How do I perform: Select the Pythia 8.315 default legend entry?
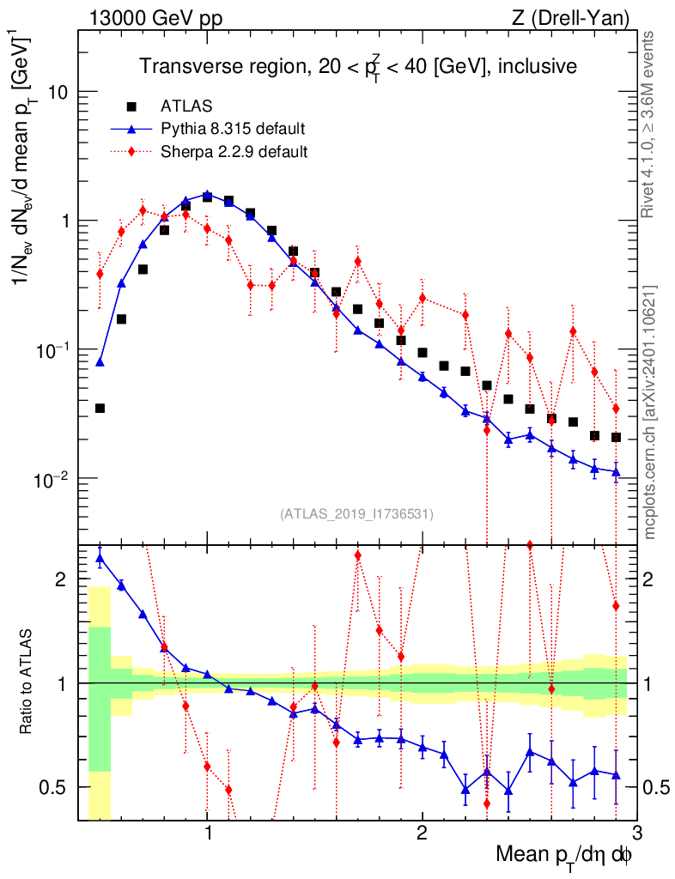coord(233,130)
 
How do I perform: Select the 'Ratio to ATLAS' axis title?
coord(27,683)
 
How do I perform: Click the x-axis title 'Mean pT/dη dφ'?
coord(565,856)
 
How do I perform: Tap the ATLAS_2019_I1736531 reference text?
coord(356,514)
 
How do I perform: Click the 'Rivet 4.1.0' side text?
coord(650,124)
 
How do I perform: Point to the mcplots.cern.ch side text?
coord(650,412)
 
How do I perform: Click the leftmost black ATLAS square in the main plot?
coord(100,409)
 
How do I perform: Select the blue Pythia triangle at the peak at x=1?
coord(207,195)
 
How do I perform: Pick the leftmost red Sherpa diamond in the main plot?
coord(100,274)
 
